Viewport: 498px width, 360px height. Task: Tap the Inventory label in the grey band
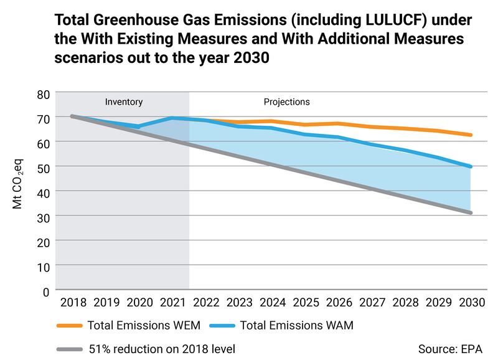click(x=124, y=102)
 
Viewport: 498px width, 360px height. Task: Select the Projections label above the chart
click(x=286, y=102)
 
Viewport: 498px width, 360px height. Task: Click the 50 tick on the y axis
click(x=41, y=167)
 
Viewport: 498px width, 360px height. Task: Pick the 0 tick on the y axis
click(x=45, y=290)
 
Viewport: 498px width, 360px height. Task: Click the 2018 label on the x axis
click(x=73, y=303)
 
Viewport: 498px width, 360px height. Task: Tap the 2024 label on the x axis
click(x=272, y=303)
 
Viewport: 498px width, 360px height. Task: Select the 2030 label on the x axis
click(x=471, y=303)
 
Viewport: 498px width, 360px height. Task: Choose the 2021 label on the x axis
click(x=172, y=303)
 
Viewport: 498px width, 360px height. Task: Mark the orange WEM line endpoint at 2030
click(x=471, y=135)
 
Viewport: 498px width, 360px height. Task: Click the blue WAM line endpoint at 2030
click(x=471, y=166)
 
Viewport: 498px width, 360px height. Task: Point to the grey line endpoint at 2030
click(x=471, y=213)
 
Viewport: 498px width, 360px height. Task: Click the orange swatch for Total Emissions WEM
click(x=70, y=325)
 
